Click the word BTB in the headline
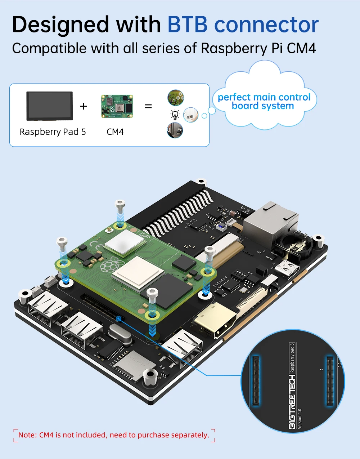point(188,24)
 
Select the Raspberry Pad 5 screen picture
point(50,106)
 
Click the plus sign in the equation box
point(84,106)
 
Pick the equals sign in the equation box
point(148,106)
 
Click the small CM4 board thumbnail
point(117,106)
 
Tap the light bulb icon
point(175,115)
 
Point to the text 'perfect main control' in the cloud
point(264,97)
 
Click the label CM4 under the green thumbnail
point(115,132)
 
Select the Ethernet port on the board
point(271,224)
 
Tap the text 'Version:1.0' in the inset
point(300,419)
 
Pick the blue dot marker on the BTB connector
point(119,318)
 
